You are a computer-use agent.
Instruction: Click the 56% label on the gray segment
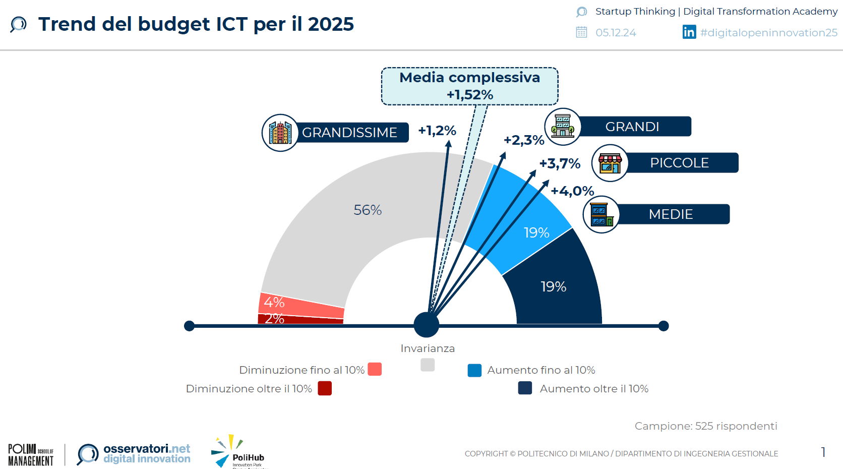(x=368, y=210)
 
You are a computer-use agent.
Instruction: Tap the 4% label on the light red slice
(x=274, y=302)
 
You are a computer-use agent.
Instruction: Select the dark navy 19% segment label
(x=553, y=286)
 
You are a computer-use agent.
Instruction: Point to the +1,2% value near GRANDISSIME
(x=437, y=131)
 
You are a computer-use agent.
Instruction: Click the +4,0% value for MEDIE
(x=572, y=191)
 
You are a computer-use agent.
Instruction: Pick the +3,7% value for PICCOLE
(x=560, y=163)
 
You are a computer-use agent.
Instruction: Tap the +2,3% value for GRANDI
(x=524, y=140)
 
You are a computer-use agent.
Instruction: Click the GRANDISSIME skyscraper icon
(x=280, y=133)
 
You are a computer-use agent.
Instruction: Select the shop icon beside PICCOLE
(x=610, y=163)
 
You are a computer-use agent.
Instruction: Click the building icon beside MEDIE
(x=601, y=214)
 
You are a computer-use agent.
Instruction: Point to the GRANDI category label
(x=632, y=127)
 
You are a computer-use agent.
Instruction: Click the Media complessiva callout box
(x=469, y=86)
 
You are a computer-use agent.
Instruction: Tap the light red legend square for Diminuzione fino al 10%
(x=375, y=369)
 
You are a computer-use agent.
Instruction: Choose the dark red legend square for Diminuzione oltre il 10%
(x=325, y=388)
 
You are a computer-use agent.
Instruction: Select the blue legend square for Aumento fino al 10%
(x=474, y=370)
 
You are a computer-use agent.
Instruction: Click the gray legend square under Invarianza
(x=428, y=365)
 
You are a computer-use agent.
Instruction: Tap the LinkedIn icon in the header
(x=689, y=32)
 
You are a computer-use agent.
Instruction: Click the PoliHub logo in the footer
(x=237, y=452)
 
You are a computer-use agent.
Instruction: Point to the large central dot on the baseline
(x=427, y=325)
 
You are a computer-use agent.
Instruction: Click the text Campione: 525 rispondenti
(x=705, y=426)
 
